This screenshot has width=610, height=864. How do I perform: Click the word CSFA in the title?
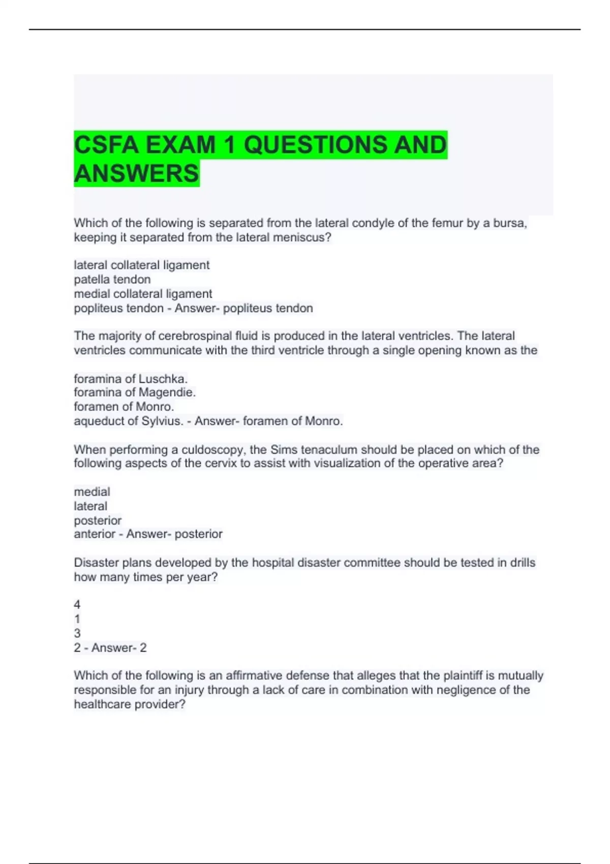point(106,145)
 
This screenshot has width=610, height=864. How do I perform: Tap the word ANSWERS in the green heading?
point(136,173)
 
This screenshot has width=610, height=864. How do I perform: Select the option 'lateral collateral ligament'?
point(141,265)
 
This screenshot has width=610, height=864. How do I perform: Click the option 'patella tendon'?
point(112,279)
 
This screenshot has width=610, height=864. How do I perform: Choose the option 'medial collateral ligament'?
point(143,294)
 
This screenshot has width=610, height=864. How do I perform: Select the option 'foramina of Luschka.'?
point(131,379)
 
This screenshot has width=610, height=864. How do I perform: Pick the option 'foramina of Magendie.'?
point(135,392)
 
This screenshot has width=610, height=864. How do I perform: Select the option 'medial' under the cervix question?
point(91,491)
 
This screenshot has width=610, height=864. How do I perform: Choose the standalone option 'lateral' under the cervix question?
point(90,506)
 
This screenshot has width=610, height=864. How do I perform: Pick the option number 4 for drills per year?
point(77,605)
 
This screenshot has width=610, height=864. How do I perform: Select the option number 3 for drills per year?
point(77,633)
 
